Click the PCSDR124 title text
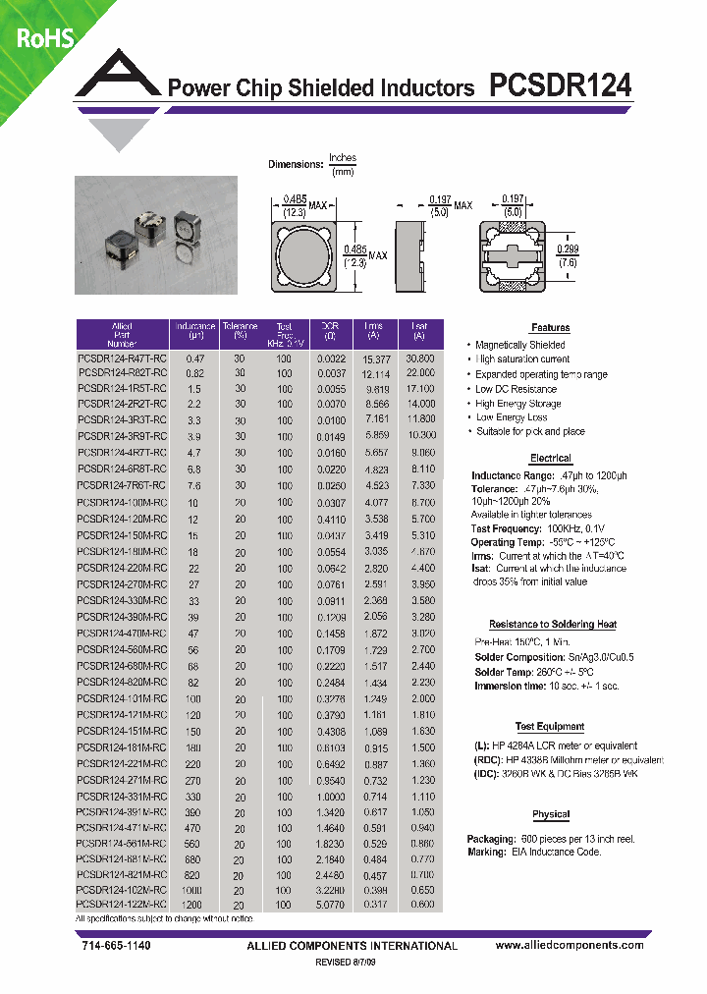561,85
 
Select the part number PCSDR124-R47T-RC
123,359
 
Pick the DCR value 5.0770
330,904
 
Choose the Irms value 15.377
375,359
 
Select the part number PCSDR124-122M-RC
123,904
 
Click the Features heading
550,328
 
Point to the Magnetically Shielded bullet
519,346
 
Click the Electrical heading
550,459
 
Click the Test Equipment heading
550,727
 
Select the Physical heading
550,814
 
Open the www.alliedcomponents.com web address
570,945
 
